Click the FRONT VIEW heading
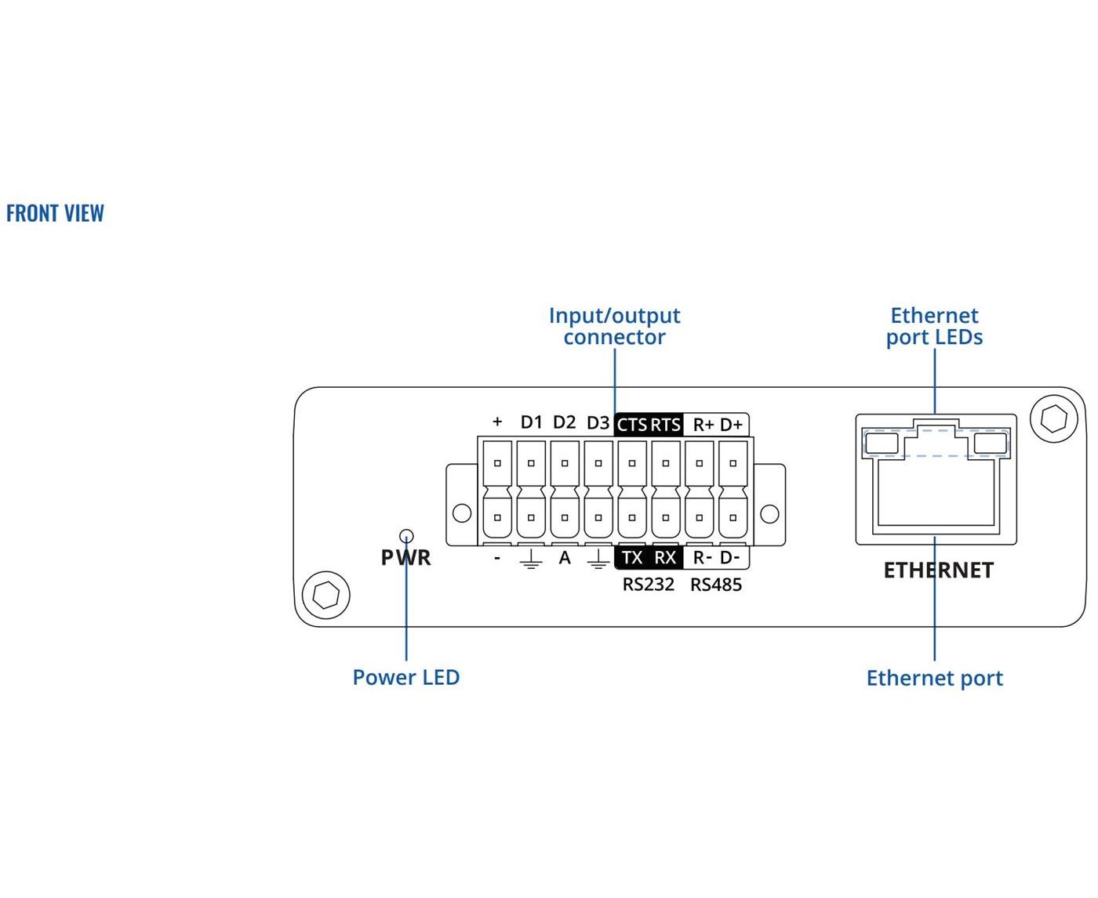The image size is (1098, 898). coord(55,213)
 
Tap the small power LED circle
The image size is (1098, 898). coord(405,535)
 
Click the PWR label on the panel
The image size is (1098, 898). coord(405,557)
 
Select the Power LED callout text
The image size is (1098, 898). coord(406,677)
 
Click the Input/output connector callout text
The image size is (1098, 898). coord(614,326)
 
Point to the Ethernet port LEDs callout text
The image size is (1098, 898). coord(934,326)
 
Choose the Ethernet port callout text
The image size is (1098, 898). coord(935,679)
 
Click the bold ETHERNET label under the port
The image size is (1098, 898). coord(939,570)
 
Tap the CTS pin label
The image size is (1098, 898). coord(632,425)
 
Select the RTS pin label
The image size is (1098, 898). coord(665,425)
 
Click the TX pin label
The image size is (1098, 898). coord(632,557)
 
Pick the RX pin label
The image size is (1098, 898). coord(665,557)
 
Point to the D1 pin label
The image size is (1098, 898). coord(532,422)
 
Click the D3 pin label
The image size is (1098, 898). coord(598,422)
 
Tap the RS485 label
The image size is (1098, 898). coord(716,585)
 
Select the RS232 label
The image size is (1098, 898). coord(648,585)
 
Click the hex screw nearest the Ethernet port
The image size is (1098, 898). coord(1054,418)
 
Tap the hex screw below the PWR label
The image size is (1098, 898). coord(326,596)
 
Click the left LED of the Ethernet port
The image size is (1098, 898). coord(882,444)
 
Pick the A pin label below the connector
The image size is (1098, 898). coord(565,558)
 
